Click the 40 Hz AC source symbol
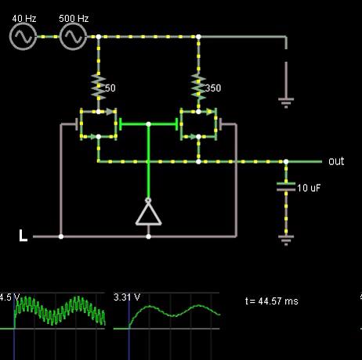point(23,37)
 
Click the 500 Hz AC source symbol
point(73,37)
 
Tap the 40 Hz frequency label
point(24,19)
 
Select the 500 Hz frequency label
point(74,19)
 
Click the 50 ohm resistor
point(99,87)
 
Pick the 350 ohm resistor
point(198,87)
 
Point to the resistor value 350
point(213,88)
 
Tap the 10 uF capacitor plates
point(286,187)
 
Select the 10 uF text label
point(309,188)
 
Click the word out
point(336,161)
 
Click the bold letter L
point(23,236)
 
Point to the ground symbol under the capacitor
point(286,240)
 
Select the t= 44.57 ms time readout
point(272,301)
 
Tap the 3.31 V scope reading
point(127,297)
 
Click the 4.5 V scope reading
point(9,297)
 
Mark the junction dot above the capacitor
point(286,162)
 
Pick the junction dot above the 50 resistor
point(99,37)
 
